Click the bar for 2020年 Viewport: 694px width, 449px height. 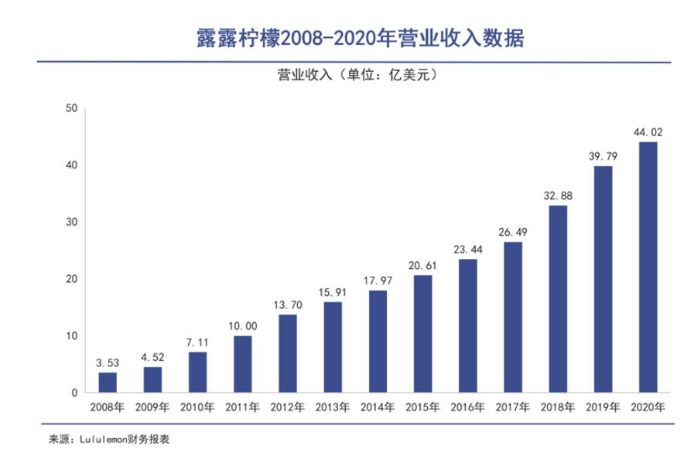point(648,267)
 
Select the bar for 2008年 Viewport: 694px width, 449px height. point(108,383)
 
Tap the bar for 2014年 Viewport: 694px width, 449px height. point(378,342)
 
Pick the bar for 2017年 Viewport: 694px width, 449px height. point(512,317)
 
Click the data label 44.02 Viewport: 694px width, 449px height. point(648,133)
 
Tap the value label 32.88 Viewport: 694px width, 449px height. point(557,196)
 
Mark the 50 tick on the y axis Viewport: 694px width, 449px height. point(71,108)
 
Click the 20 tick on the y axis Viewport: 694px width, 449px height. point(71,279)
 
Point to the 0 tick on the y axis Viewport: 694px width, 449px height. point(74,393)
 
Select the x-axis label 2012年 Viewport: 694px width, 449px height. point(288,406)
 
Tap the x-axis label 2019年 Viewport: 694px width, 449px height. point(603,406)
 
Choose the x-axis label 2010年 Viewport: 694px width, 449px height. point(198,406)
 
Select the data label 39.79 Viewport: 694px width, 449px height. point(603,157)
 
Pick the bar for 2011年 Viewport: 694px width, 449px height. point(243,364)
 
